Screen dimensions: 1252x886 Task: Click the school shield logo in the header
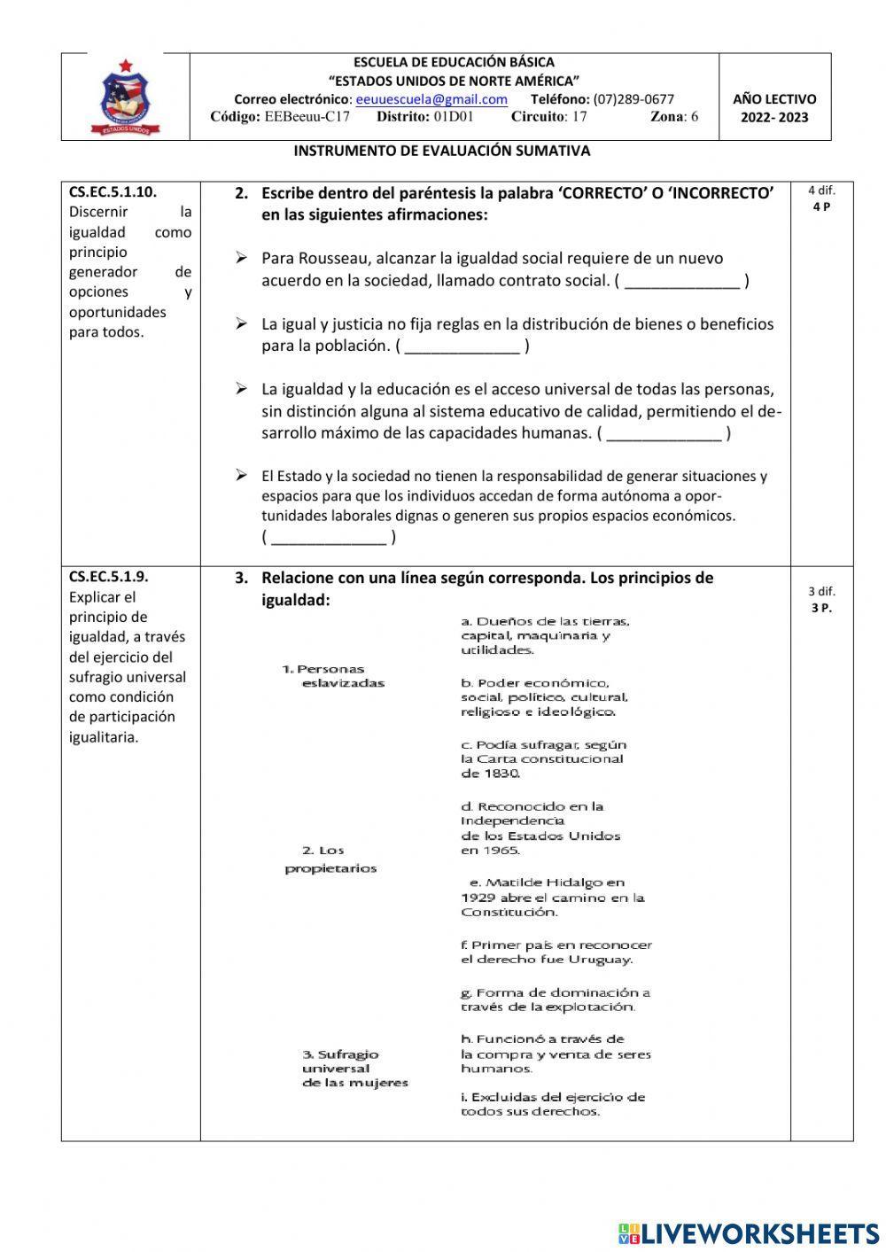pos(126,97)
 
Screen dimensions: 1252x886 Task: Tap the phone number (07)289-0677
pos(633,99)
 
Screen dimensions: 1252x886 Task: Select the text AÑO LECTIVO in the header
pos(774,99)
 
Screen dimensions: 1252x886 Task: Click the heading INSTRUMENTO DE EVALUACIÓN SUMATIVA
pos(442,151)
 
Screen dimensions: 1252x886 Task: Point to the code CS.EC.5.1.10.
pos(113,191)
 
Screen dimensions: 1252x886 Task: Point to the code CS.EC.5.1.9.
pos(109,576)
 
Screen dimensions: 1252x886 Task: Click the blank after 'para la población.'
pos(462,346)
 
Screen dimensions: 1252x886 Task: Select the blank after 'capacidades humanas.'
pos(664,433)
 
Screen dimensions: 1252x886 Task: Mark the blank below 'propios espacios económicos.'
pos(328,537)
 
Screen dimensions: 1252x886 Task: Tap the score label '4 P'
pos(821,206)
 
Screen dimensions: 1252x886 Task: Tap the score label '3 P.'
pos(821,608)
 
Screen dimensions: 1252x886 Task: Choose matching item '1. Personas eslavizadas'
pos(334,676)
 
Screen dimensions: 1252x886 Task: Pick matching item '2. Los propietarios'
pos(330,859)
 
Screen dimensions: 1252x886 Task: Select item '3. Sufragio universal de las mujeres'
pos(354,1068)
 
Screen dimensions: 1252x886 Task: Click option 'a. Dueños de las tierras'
pos(545,635)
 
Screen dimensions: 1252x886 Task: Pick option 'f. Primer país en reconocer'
pos(556,952)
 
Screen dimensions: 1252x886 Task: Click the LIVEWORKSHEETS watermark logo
pos(749,1233)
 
